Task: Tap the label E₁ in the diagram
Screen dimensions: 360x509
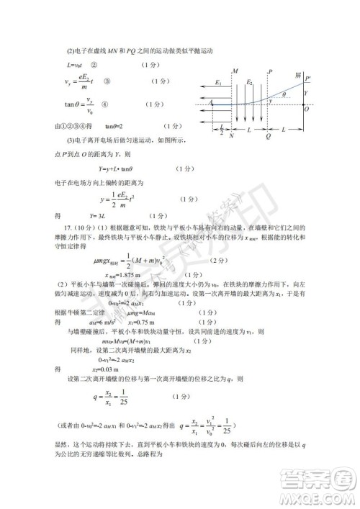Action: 218,84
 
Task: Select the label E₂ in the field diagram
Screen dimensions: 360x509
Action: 250,84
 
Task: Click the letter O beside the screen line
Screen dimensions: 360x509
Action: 306,109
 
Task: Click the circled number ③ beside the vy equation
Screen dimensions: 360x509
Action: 107,81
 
